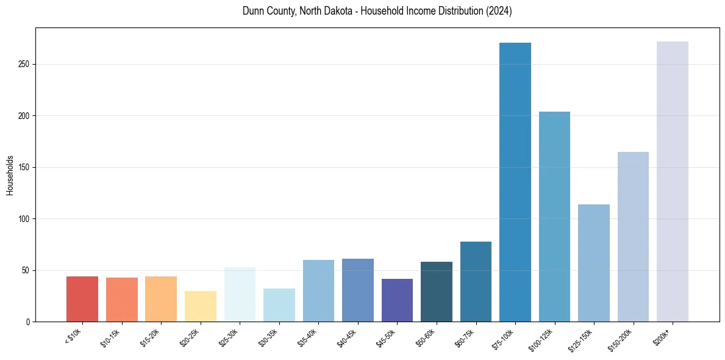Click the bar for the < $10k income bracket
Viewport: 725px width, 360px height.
82,299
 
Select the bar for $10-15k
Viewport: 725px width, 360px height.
122,300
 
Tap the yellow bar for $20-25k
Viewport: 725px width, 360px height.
201,306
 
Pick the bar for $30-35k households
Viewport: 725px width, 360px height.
279,305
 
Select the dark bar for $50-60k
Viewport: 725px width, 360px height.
437,292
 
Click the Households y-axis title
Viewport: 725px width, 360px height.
10,175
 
